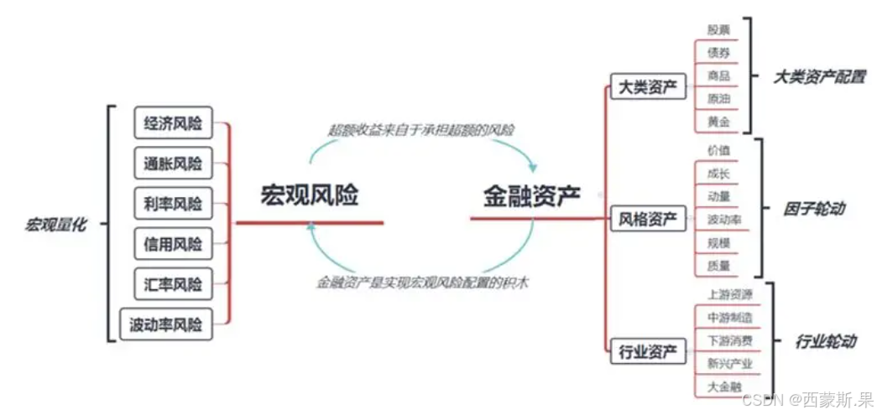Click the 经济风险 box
click(173, 123)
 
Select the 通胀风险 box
click(173, 163)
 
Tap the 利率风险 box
click(173, 204)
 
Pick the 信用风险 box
click(173, 244)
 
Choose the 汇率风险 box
click(173, 284)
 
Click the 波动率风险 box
click(166, 324)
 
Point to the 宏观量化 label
click(55, 225)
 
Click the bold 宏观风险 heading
click(309, 196)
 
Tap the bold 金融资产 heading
click(531, 196)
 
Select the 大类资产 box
click(647, 87)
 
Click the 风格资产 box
click(647, 220)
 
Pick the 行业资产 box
click(647, 351)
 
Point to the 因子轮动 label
click(815, 209)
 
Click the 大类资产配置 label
click(819, 76)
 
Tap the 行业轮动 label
click(825, 341)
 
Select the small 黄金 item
click(718, 122)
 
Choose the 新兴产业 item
click(729, 364)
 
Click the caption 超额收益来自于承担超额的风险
click(421, 130)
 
